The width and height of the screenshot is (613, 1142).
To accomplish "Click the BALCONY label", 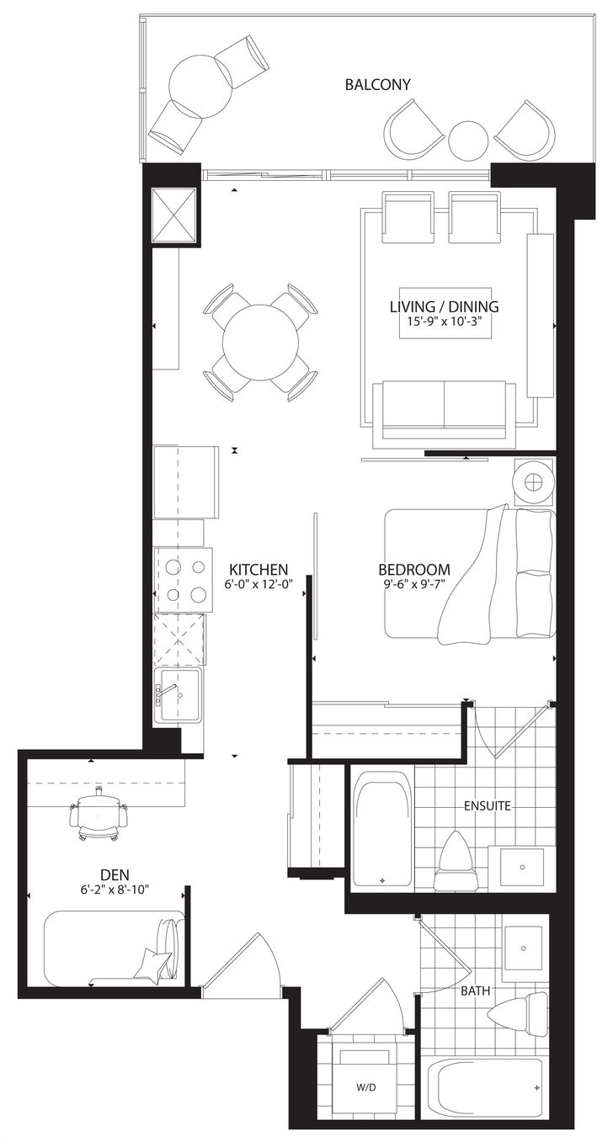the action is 377,85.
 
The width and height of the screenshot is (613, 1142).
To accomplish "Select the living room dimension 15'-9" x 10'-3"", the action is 445,321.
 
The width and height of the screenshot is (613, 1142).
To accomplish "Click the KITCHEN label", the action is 259,569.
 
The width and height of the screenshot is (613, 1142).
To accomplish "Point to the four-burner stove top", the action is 184,580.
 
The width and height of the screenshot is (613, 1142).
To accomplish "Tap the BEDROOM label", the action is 414,569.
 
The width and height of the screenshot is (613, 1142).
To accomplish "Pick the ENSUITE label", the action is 487,806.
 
